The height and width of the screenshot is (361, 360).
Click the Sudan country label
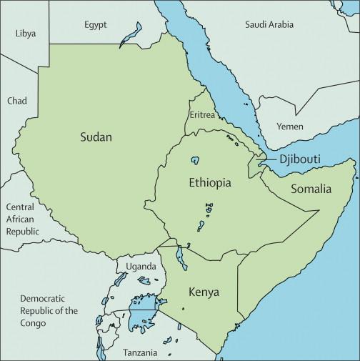pos(96,137)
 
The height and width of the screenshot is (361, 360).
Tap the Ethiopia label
pos(209,183)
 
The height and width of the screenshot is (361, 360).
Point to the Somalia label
pos(310,189)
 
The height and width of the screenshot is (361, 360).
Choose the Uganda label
pos(141,267)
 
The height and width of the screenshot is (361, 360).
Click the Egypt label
pos(95,24)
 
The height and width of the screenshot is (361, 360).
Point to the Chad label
pos(17,101)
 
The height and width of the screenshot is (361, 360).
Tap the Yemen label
pos(290,127)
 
